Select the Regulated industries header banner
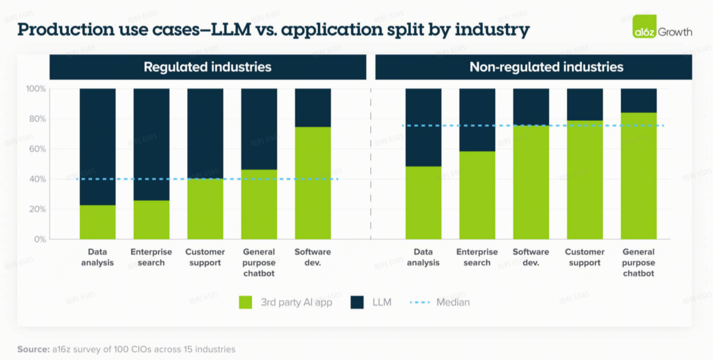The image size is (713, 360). pos(207,67)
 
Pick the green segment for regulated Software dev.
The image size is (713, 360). pos(313,183)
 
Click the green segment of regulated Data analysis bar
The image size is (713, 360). pos(98,222)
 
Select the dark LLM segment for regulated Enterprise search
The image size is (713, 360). pos(151,144)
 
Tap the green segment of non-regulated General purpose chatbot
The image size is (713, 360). pos(638,176)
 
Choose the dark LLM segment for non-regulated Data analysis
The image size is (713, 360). pos(423,127)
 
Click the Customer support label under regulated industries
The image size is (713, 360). pos(206,257)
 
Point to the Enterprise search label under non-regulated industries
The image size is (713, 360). pos(477,257)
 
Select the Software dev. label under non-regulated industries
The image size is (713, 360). pos(531,257)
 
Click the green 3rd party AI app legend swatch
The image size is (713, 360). pos(245,302)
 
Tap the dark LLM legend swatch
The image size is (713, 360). pos(357,302)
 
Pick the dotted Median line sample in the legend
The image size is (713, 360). pos(420,302)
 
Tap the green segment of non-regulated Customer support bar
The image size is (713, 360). pos(585,180)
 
